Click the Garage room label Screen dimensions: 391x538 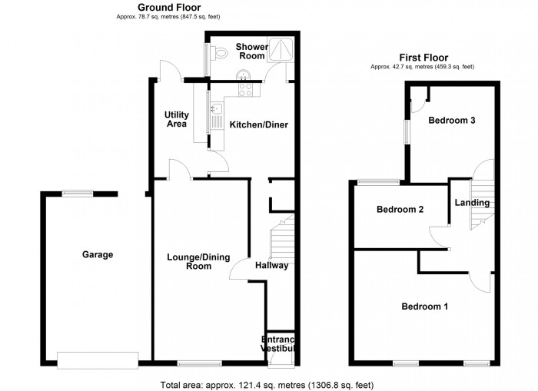98,255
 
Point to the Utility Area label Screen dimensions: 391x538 177,119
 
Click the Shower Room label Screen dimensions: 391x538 252,51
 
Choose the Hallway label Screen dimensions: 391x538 272,266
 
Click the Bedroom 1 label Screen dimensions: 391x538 425,307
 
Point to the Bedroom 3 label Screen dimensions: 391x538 452,121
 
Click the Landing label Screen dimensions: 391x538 472,203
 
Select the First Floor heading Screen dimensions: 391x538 422,57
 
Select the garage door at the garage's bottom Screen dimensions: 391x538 98,357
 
